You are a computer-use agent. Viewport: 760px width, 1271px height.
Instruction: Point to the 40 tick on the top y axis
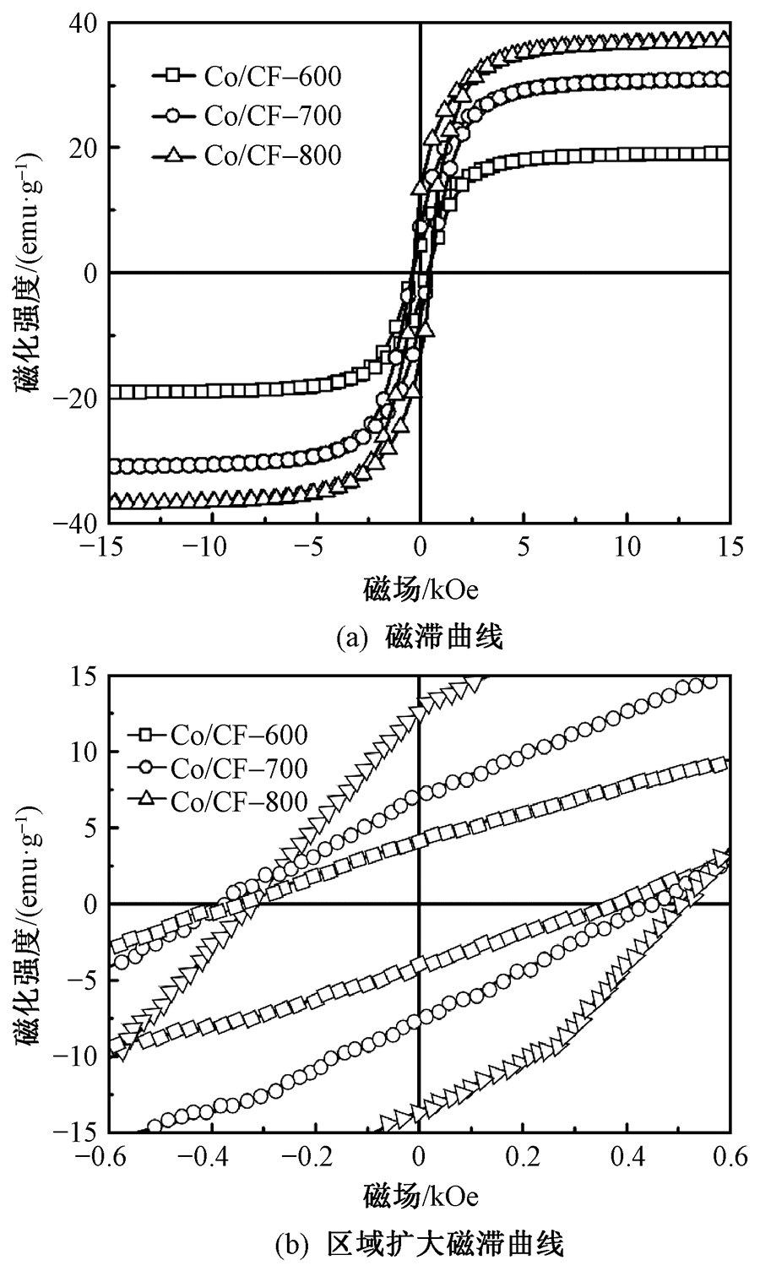pos(85,24)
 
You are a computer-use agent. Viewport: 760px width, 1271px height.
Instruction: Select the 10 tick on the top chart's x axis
pos(627,547)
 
